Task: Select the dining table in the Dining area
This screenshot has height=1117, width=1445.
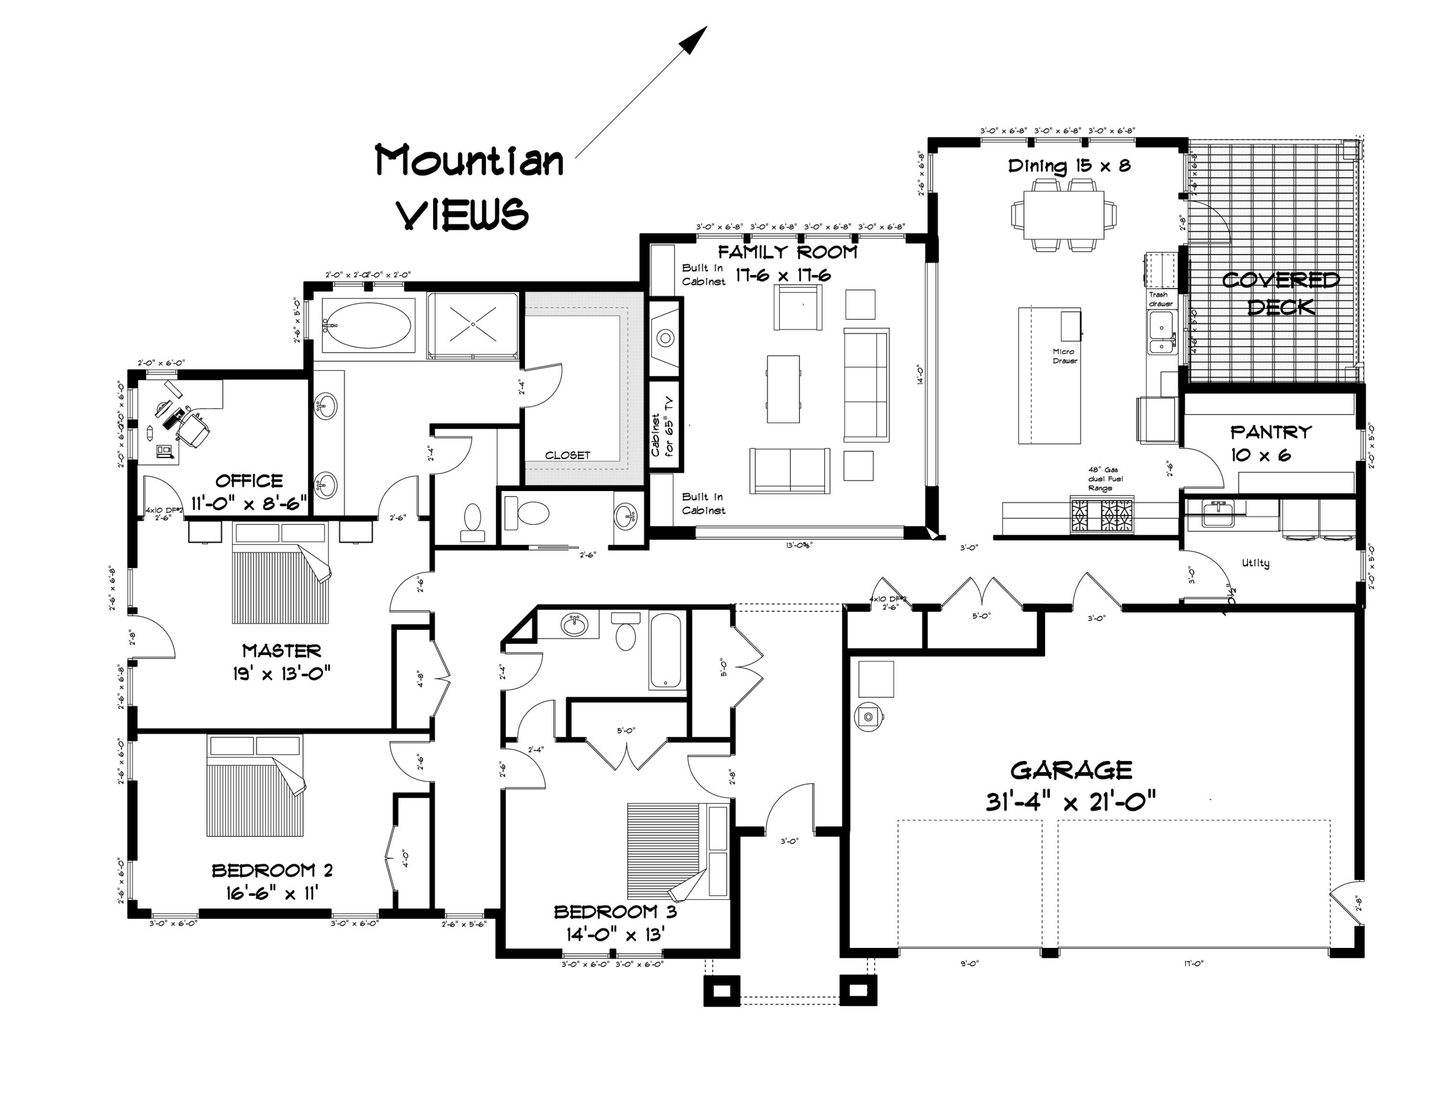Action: point(1063,214)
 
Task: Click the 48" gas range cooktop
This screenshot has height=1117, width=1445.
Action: point(1101,517)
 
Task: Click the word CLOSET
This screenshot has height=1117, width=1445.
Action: point(567,455)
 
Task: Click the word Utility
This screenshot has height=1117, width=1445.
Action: point(1255,563)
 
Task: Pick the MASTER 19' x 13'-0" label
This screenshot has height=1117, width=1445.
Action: point(281,662)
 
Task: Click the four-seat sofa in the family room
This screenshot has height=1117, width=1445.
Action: point(866,385)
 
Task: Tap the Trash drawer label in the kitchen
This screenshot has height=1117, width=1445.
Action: point(1160,299)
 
